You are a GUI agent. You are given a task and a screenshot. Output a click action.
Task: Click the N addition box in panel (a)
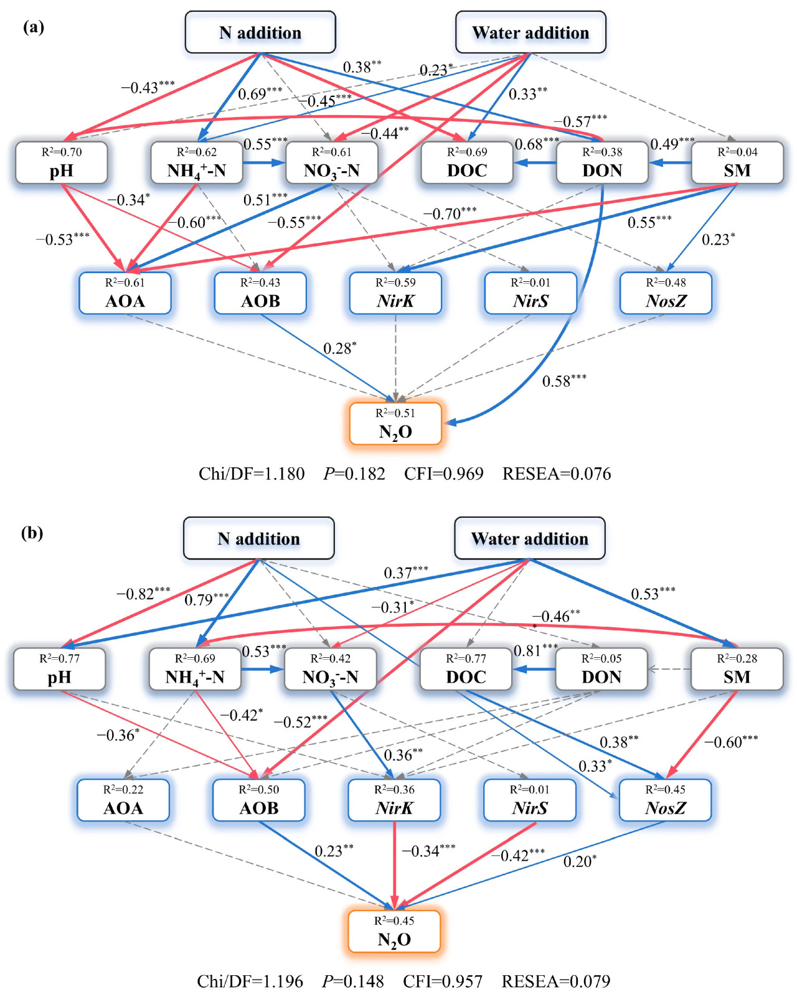pyautogui.click(x=260, y=32)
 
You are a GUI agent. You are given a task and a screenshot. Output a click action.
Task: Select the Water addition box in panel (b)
pyautogui.click(x=529, y=538)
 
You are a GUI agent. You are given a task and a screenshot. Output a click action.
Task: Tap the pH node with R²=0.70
pyautogui.click(x=62, y=163)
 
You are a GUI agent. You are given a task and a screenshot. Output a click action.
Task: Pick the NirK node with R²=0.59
pyautogui.click(x=395, y=293)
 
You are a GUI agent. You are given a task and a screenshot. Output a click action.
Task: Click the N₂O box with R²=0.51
pyautogui.click(x=395, y=424)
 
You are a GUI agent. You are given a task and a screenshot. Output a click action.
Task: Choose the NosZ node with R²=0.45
pyautogui.click(x=665, y=800)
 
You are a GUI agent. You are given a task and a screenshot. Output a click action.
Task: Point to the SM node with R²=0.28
pyautogui.click(x=737, y=670)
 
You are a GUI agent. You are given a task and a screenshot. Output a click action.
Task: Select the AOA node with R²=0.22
pyautogui.click(x=123, y=800)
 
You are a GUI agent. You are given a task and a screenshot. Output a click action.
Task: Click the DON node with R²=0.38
pyautogui.click(x=602, y=163)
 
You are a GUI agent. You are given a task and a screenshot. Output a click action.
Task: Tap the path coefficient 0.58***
pyautogui.click(x=564, y=381)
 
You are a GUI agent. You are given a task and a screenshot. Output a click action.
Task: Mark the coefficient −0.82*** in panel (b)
pyautogui.click(x=143, y=594)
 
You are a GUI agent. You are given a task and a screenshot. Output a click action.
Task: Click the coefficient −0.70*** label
pyautogui.click(x=450, y=214)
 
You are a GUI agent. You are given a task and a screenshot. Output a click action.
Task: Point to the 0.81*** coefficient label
pyautogui.click(x=535, y=650)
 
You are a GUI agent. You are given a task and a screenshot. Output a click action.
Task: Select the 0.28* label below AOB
pyautogui.click(x=339, y=349)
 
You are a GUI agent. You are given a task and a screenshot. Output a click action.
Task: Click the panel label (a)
pyautogui.click(x=34, y=27)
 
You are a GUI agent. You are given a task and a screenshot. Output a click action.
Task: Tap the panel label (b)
pyautogui.click(x=32, y=533)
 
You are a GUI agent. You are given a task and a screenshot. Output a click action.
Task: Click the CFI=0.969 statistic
pyautogui.click(x=443, y=474)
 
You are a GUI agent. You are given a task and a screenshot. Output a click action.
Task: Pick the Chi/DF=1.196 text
pyautogui.click(x=250, y=981)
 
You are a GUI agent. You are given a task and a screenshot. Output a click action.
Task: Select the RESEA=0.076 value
pyautogui.click(x=557, y=474)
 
